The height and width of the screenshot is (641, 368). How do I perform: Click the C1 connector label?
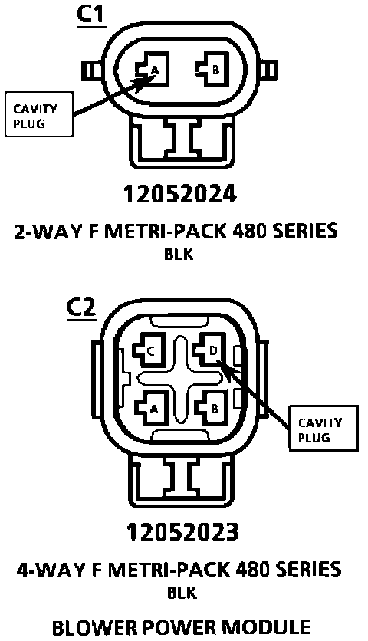coord(91,15)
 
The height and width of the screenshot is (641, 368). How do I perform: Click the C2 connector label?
coord(82,309)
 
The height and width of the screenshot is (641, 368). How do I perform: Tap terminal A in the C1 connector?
coord(152,69)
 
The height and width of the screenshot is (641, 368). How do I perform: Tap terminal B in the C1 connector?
coord(212,69)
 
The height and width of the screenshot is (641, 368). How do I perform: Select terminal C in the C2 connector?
coord(149,350)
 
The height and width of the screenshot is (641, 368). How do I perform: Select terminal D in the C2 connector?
coord(209,350)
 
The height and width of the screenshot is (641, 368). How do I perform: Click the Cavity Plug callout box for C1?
coord(39,114)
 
